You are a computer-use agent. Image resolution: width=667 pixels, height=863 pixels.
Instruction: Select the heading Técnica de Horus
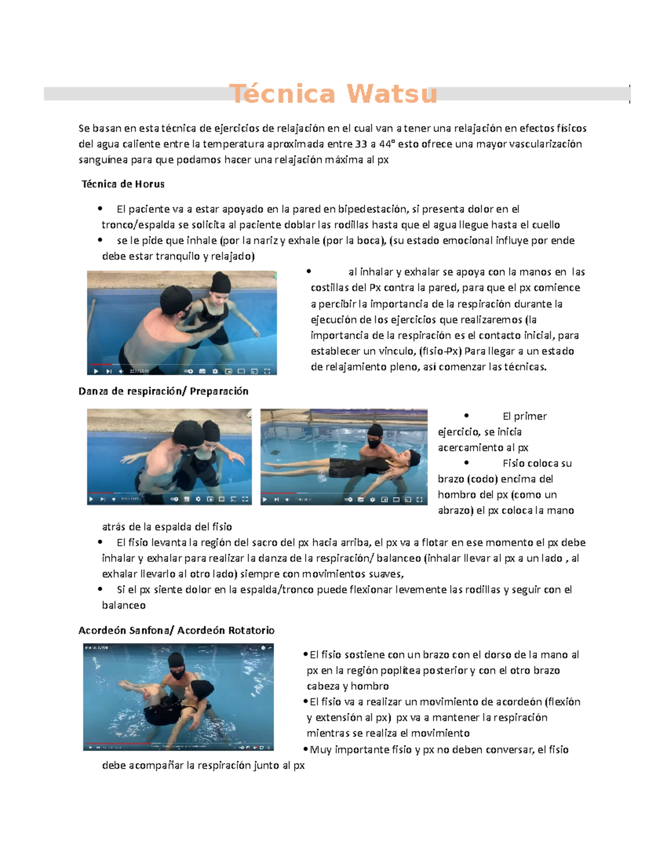coord(123,184)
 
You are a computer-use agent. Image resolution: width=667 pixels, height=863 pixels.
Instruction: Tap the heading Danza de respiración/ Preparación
coord(163,391)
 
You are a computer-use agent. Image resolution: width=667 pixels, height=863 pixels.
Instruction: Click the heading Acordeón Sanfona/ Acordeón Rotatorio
coord(176,630)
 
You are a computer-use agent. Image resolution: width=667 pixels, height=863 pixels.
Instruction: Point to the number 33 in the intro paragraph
coord(361,144)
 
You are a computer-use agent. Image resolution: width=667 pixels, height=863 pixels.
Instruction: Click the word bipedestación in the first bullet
coord(372,209)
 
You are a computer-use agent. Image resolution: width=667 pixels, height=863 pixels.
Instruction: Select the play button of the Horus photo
coord(96,371)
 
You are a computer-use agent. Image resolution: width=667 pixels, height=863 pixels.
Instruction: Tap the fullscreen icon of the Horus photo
coord(267,371)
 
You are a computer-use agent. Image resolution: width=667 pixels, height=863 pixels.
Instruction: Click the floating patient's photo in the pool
coord(344,457)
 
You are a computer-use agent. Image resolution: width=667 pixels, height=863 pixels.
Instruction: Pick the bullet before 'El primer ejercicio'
coord(466,416)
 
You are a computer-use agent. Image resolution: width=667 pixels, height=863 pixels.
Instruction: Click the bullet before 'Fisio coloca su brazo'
coord(466,462)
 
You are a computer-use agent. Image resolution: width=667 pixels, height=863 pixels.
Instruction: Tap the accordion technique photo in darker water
coord(178,697)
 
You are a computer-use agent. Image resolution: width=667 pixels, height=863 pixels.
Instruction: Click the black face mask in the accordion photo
coord(178,675)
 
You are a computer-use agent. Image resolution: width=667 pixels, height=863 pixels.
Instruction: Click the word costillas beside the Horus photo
coord(330,288)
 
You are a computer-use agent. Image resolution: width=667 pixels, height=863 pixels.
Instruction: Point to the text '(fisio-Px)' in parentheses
coord(441,351)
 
